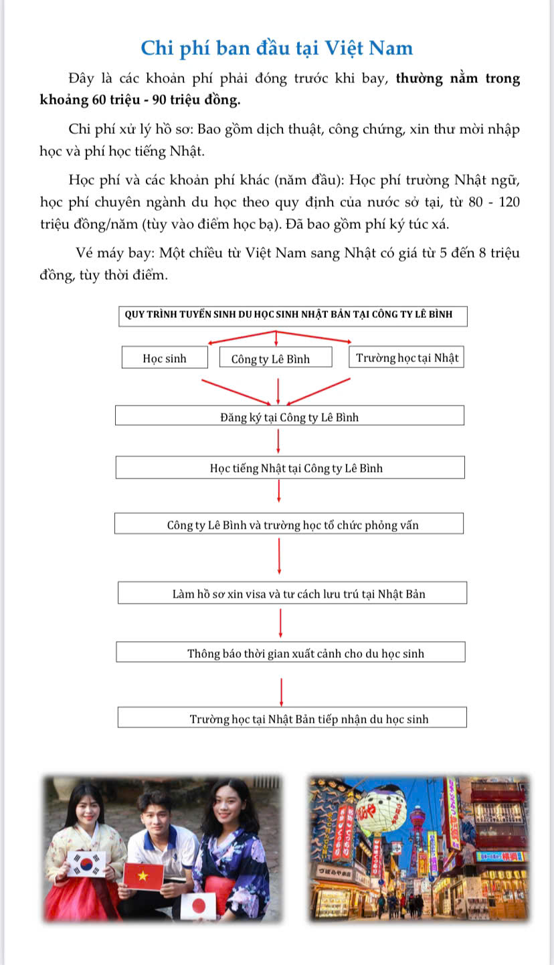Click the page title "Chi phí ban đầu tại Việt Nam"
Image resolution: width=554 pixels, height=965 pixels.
click(277, 48)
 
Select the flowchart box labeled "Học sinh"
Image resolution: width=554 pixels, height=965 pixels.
click(165, 358)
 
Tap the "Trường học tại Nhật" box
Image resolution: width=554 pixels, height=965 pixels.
click(407, 357)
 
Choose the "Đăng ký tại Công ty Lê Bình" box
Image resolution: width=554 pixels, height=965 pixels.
click(289, 417)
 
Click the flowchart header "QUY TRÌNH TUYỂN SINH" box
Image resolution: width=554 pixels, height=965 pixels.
click(293, 315)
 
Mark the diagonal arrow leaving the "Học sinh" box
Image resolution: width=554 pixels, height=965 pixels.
click(235, 391)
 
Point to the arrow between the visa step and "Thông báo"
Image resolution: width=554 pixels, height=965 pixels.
click(280, 622)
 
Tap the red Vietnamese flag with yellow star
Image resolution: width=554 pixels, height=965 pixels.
click(143, 876)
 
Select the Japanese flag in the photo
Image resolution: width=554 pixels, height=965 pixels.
click(199, 905)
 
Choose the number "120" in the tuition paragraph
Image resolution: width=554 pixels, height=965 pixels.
click(509, 202)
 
